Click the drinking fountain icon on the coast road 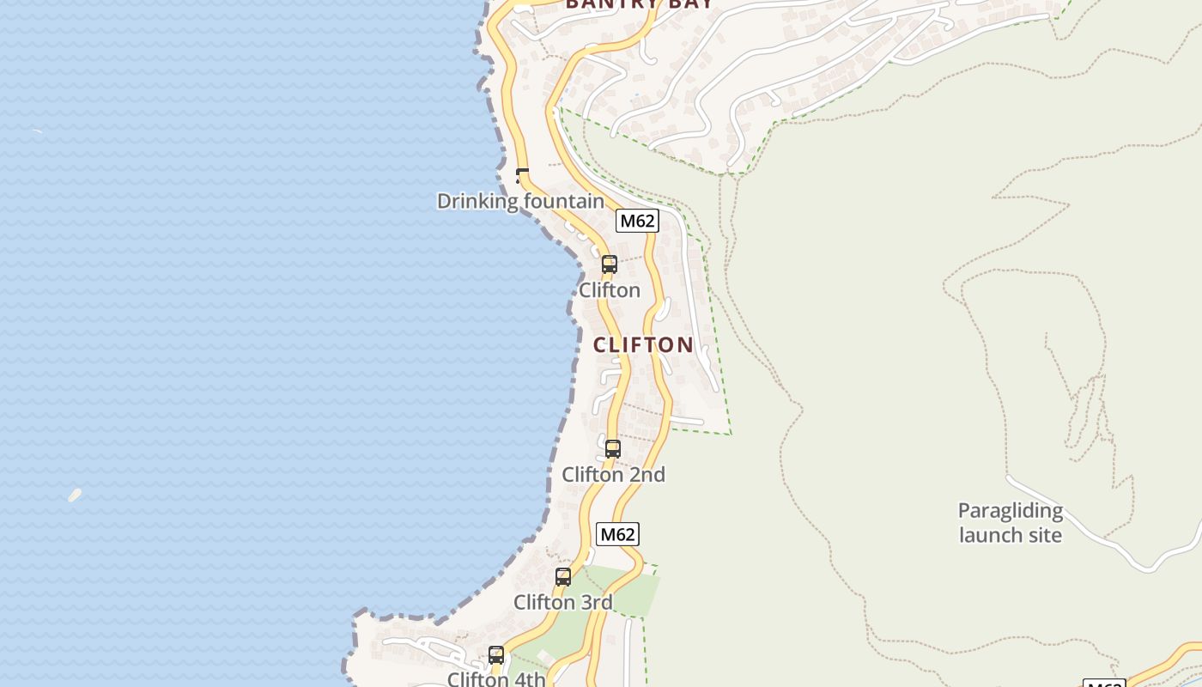coord(522,177)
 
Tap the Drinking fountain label coord(520,201)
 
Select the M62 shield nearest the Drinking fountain coord(637,221)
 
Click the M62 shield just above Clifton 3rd coord(617,534)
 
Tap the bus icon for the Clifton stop coord(610,264)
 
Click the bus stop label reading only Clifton coord(610,290)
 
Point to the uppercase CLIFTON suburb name coord(643,345)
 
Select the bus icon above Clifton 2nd coord(613,448)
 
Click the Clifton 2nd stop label coord(613,475)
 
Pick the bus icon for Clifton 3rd coord(563,577)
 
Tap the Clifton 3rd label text coord(563,603)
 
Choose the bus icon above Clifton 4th coord(496,655)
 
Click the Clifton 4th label coord(496,679)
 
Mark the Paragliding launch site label coord(1011,523)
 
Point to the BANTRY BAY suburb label coord(639,3)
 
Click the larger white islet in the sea coord(75,495)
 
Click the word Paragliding coord(1011,511)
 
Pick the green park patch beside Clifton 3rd coord(635,593)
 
